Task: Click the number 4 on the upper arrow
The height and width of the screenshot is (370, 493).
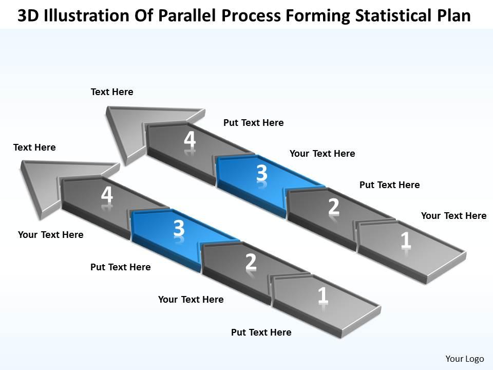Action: (x=190, y=140)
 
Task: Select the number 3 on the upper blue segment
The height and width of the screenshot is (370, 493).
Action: (x=262, y=174)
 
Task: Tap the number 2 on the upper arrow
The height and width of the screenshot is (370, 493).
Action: (x=334, y=206)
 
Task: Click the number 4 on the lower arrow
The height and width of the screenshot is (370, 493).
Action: (x=107, y=195)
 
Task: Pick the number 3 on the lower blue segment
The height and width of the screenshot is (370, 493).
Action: (x=179, y=229)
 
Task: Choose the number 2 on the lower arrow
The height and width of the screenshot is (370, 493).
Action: (x=251, y=262)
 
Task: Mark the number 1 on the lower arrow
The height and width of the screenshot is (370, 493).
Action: (x=323, y=295)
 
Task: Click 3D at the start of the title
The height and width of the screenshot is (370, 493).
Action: (x=29, y=16)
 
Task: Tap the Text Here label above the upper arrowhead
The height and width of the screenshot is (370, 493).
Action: (x=112, y=92)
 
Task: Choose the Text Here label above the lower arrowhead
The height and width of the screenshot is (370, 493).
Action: (x=34, y=147)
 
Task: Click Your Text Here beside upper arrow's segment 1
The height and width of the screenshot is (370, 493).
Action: (x=453, y=216)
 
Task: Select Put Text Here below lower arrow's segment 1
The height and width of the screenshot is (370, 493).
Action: (x=261, y=332)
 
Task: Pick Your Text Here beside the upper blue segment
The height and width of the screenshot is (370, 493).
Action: (x=322, y=154)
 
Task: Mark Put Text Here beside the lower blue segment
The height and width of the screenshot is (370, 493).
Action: (x=120, y=267)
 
